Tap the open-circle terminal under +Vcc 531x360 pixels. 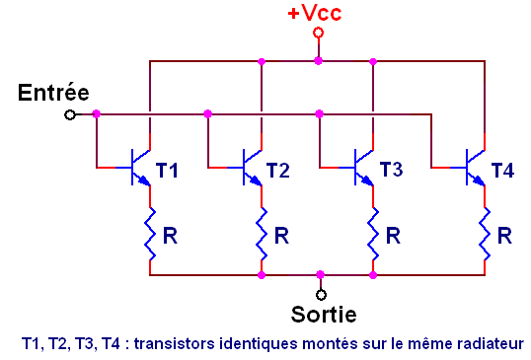click(x=318, y=33)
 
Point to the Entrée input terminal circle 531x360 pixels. click(x=69, y=114)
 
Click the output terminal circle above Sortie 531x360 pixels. click(x=319, y=293)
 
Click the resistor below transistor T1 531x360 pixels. click(x=150, y=237)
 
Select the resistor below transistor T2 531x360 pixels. click(x=262, y=237)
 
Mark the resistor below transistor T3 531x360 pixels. click(x=373, y=237)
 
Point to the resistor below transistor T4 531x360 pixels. click(x=485, y=237)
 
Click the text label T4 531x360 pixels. click(x=501, y=171)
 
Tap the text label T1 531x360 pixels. click(x=167, y=171)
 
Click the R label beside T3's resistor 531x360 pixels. click(x=393, y=236)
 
